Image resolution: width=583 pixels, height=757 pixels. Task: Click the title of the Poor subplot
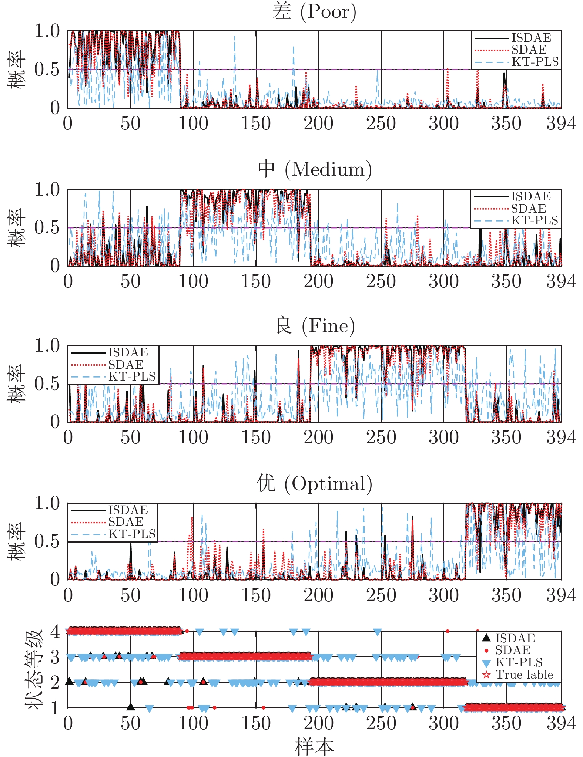click(314, 12)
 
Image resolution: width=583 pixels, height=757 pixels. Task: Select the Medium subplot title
click(314, 170)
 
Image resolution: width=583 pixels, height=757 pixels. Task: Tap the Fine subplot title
click(315, 326)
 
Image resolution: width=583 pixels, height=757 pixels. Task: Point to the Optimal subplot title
click(314, 484)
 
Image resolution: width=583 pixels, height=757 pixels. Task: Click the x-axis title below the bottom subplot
click(314, 746)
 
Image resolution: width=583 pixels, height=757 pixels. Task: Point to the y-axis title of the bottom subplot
click(34, 669)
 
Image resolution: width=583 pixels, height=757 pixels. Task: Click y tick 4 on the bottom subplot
click(55, 631)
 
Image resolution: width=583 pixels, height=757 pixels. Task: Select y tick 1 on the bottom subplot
click(55, 708)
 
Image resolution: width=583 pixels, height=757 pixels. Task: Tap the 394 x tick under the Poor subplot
click(561, 124)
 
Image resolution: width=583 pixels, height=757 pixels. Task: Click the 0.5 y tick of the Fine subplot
click(47, 384)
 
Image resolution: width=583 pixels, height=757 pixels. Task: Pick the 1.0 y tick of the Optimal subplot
click(47, 503)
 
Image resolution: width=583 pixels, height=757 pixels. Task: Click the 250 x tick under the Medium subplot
click(381, 281)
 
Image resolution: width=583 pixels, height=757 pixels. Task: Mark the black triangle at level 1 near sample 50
click(131, 707)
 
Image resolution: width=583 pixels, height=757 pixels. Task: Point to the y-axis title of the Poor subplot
click(16, 69)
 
